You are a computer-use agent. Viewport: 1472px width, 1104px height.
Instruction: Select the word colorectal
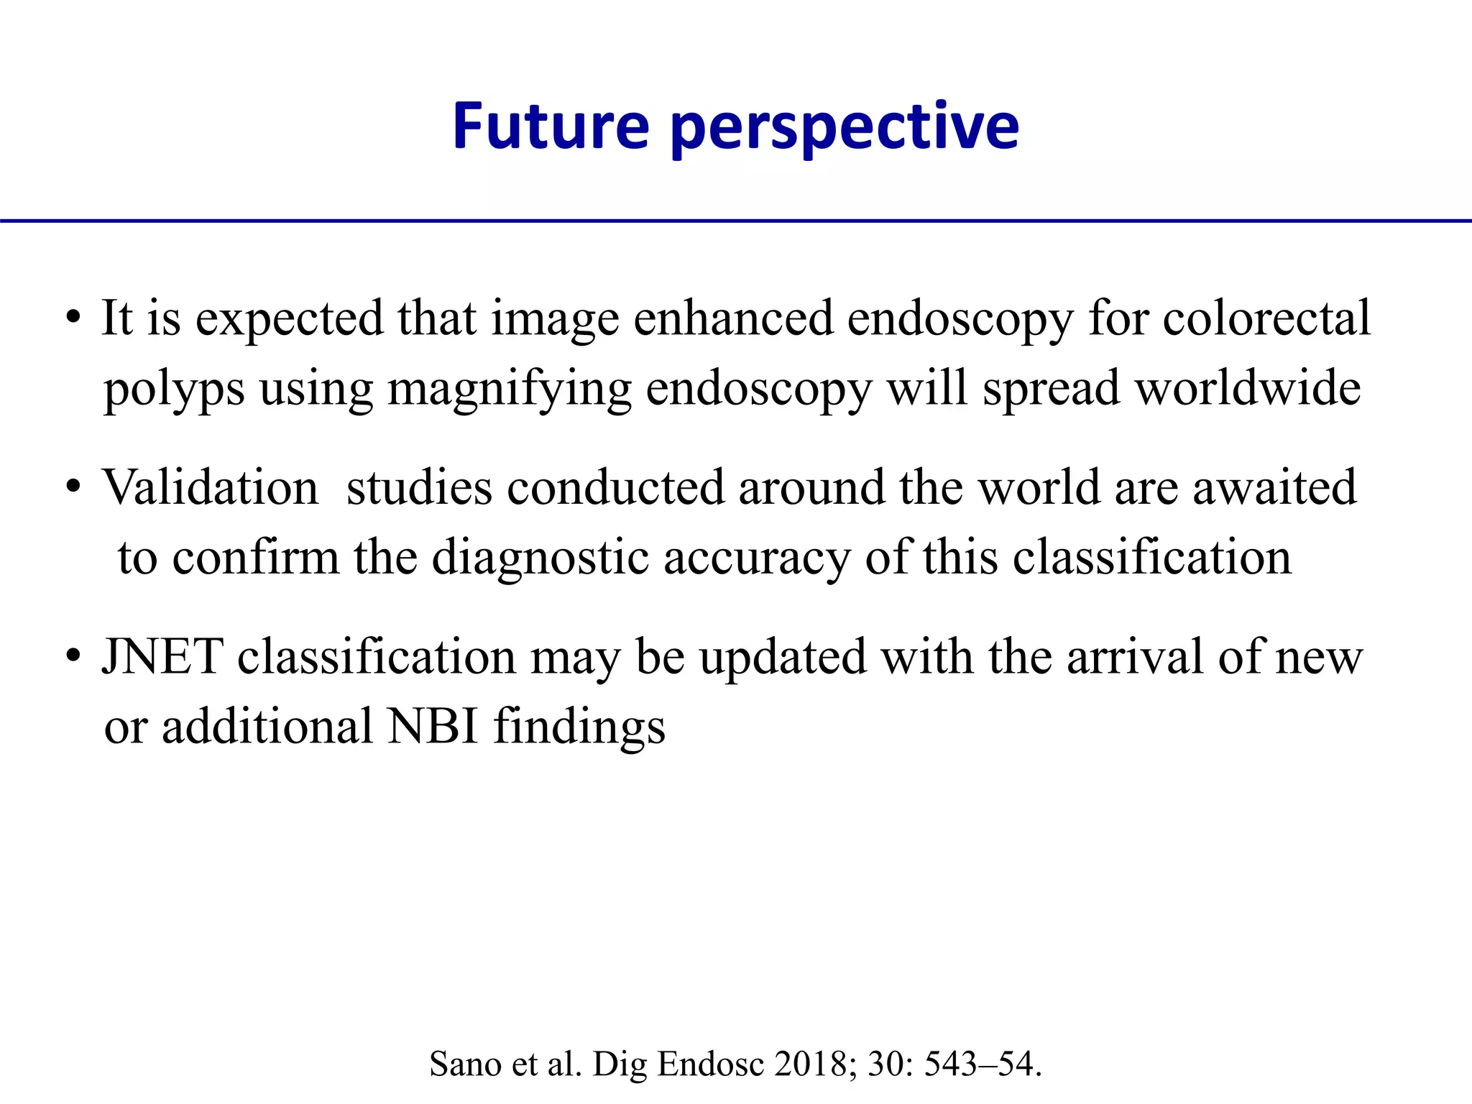coord(1266,318)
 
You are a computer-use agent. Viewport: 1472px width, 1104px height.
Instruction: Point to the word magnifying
coord(509,390)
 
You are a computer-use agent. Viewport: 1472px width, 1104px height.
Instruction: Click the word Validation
coord(211,487)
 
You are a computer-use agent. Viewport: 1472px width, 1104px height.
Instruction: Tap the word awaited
coord(1274,487)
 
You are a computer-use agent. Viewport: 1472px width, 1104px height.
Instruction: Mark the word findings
coord(579,727)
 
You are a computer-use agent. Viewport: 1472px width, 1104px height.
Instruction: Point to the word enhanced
coord(732,318)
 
